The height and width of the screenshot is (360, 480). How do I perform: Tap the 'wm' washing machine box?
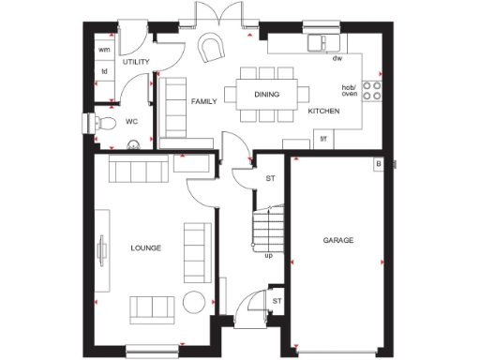click(104, 49)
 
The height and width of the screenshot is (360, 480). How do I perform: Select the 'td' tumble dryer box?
click(104, 70)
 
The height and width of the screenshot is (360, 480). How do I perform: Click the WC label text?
click(132, 122)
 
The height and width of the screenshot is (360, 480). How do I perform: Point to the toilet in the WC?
click(105, 123)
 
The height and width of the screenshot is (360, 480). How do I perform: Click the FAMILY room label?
click(203, 100)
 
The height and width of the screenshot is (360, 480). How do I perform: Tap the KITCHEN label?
click(323, 111)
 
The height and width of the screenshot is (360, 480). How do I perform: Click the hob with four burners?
click(370, 90)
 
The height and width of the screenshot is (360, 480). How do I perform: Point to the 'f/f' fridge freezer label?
click(323, 140)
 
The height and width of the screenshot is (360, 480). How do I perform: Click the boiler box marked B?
click(378, 165)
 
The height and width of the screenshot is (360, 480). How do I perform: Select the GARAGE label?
click(338, 241)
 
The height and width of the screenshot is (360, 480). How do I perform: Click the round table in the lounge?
click(195, 303)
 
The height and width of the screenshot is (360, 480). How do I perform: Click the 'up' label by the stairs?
click(269, 255)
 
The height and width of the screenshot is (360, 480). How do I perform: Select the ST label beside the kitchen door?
click(270, 178)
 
